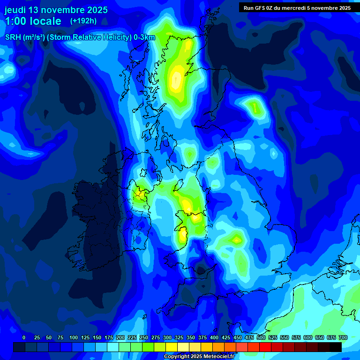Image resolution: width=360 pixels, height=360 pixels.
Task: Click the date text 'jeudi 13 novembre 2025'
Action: coord(56,10)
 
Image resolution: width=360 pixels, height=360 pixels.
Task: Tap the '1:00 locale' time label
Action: coord(33,21)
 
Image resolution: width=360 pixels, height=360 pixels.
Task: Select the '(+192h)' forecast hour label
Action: coord(83,21)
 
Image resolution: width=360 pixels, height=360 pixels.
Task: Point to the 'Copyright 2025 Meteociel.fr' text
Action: coord(199,357)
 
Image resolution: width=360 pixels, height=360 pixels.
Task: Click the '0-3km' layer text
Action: coord(144,37)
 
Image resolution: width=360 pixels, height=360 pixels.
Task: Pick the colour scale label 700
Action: coord(343,337)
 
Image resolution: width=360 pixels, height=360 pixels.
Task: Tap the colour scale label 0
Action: coord(24,337)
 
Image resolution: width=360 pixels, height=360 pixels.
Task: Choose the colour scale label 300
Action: coord(167,337)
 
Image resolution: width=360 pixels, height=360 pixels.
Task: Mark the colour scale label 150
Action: coord(97,337)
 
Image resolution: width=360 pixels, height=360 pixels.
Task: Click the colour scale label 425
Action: coord(226,337)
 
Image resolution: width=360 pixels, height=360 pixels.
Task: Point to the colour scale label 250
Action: coord(144,337)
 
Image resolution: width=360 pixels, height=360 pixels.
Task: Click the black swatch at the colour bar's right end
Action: coord(336,347)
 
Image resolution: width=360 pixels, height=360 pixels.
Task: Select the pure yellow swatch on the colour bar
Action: coord(172,347)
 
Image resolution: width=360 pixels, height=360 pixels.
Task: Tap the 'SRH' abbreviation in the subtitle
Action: coord(13,37)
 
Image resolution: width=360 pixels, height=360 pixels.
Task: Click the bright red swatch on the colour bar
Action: coord(265,347)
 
